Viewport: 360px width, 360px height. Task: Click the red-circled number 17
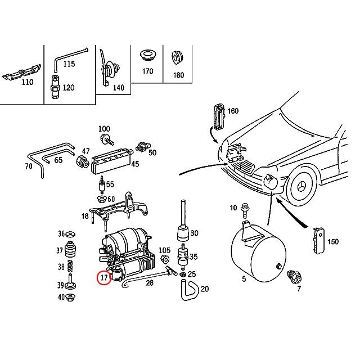point(103,277)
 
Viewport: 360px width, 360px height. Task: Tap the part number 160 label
point(233,111)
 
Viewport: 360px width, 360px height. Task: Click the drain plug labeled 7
point(293,277)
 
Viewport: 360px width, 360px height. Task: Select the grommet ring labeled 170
point(147,55)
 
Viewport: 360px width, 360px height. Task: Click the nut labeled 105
point(166,260)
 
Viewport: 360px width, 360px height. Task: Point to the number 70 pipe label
point(28,167)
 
